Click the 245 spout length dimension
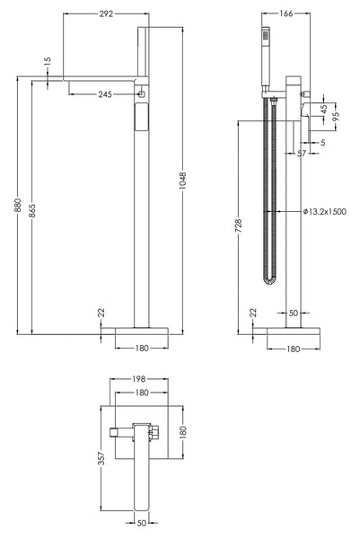coord(105,93)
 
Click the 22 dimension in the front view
coord(101,313)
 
